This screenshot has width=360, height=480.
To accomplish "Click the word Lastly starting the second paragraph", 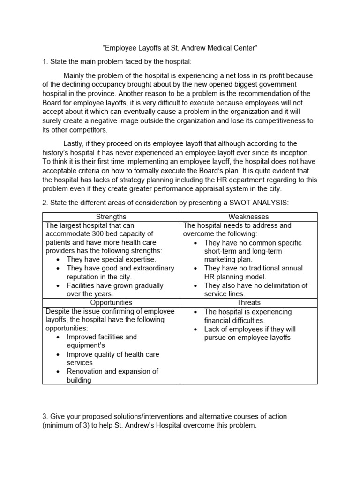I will point(75,143).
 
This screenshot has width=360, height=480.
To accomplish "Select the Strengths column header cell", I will point(111,217).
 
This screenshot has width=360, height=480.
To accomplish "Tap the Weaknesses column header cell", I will point(248,217).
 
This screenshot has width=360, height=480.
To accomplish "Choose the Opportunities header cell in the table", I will point(111,303).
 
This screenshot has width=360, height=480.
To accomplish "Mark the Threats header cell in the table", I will point(248,303).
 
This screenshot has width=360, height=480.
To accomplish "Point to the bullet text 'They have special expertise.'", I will point(112,259).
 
